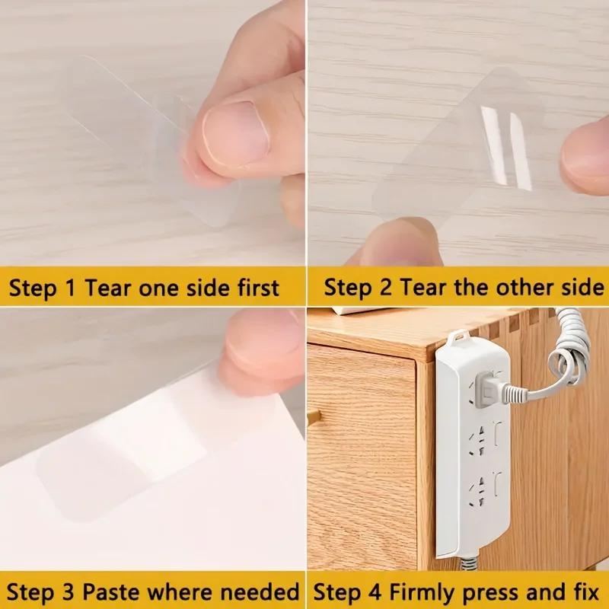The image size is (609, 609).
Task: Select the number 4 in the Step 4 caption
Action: (362, 591)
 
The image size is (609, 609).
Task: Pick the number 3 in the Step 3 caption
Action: (62, 591)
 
